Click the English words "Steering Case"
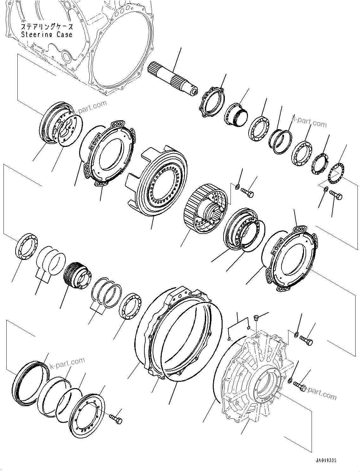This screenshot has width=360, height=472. click(47, 35)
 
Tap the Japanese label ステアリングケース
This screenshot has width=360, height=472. click(47, 27)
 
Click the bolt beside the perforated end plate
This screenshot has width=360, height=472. click(116, 419)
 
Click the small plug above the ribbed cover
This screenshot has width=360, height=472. click(256, 318)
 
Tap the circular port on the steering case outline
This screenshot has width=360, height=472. click(66, 57)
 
